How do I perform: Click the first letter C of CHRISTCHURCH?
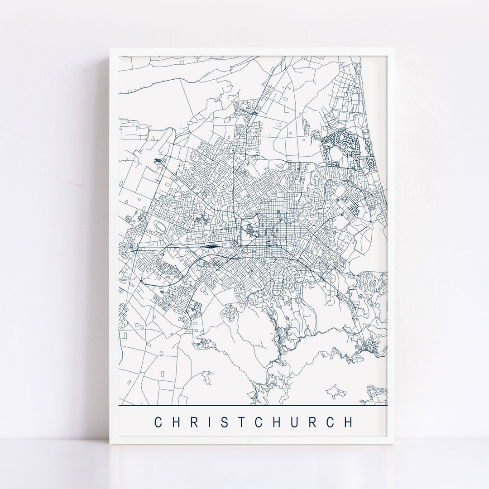(158, 422)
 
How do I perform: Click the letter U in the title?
(302, 422)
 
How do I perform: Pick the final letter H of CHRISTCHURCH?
(348, 422)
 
